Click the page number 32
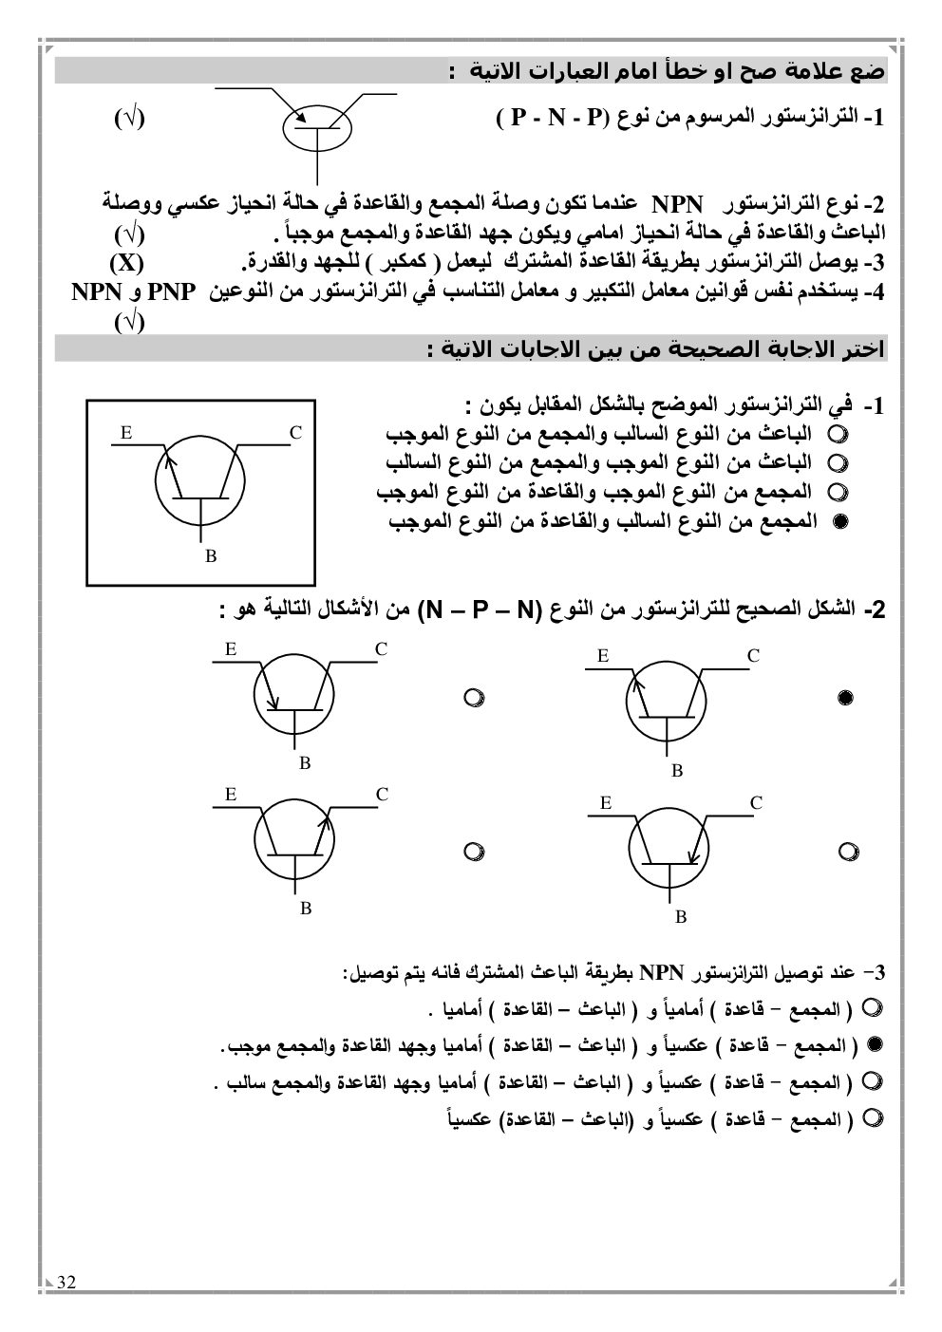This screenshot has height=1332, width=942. click(x=66, y=1283)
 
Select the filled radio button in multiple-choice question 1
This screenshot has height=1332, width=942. click(x=838, y=521)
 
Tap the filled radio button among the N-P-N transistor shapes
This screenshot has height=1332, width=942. click(x=846, y=699)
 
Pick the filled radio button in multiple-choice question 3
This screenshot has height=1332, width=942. click(x=876, y=1044)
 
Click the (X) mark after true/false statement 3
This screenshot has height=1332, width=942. click(x=125, y=262)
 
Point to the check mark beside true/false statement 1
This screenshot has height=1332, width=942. click(x=129, y=119)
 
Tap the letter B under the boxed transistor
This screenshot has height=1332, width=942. click(x=211, y=556)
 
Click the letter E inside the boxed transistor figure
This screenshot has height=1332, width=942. click(x=126, y=433)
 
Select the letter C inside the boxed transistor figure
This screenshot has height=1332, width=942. click(x=295, y=433)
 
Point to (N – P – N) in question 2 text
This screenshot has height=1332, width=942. click(x=466, y=610)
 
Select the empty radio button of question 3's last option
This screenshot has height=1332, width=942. click(x=876, y=1119)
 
